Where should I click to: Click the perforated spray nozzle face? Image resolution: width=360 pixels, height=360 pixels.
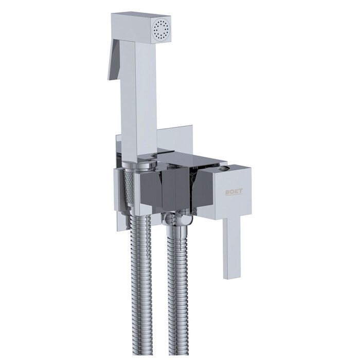point(161,30)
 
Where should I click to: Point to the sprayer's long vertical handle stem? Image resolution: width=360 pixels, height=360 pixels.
point(138,99)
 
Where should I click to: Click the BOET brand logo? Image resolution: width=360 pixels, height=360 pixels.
point(234,191)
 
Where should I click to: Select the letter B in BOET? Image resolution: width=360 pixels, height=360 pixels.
point(227,192)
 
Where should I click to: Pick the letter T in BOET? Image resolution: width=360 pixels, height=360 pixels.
point(241,191)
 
